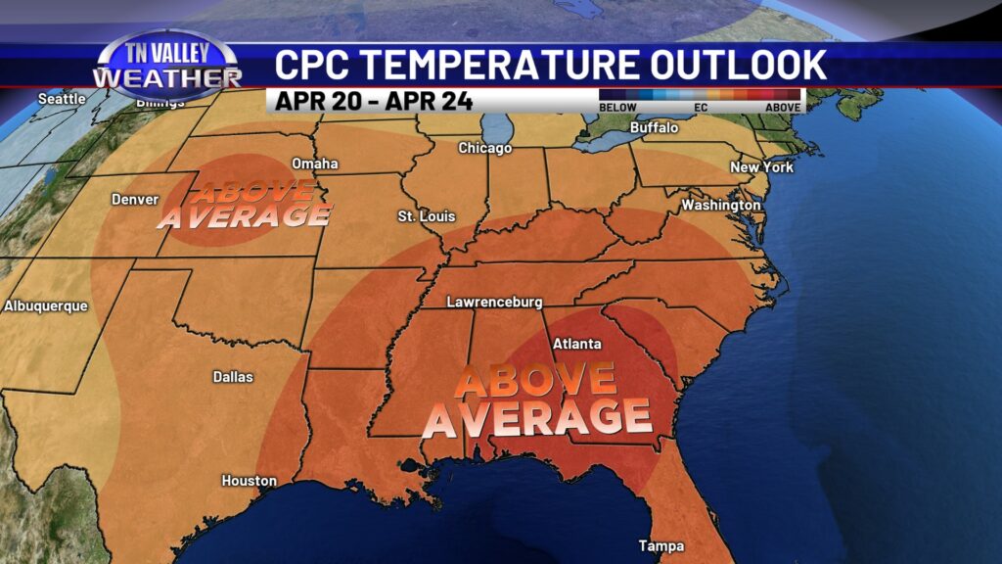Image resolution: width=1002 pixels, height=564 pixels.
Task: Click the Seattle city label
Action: click(x=62, y=99)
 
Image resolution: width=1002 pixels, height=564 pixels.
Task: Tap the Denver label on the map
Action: click(x=135, y=199)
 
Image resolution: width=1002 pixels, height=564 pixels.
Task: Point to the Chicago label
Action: click(x=485, y=148)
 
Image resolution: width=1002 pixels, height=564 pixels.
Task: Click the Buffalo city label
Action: click(x=654, y=127)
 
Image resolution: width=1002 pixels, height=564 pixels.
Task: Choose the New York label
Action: click(x=761, y=167)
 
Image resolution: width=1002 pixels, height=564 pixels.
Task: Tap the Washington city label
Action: click(x=721, y=206)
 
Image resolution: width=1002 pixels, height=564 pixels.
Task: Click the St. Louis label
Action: click(x=427, y=215)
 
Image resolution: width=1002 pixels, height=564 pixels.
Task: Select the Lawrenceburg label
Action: click(x=494, y=303)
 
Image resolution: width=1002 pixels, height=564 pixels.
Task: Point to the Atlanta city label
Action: click(x=577, y=344)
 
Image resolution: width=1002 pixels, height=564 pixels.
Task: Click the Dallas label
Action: click(x=233, y=376)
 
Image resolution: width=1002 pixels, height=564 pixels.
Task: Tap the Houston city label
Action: click(x=249, y=481)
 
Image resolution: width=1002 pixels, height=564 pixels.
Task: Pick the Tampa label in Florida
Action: click(x=661, y=545)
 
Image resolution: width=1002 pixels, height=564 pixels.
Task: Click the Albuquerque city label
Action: click(x=46, y=305)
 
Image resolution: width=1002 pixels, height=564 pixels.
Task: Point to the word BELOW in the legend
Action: click(x=618, y=107)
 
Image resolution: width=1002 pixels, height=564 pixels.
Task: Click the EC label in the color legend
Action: click(x=701, y=107)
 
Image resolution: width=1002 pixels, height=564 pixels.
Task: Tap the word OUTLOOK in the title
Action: click(x=734, y=65)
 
